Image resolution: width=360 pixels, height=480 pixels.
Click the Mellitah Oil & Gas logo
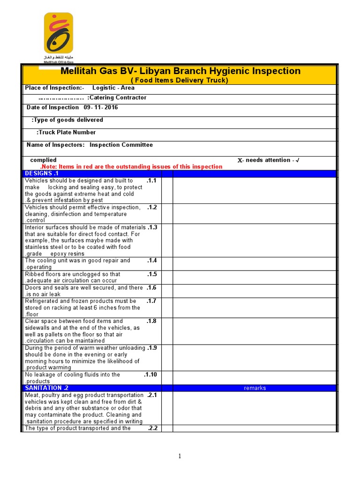(58, 35)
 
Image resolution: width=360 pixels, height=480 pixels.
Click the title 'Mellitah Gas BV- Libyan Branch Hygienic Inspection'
(180, 71)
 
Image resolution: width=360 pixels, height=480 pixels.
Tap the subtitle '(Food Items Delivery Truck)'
(179, 80)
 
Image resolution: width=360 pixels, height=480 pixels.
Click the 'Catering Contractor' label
(117, 97)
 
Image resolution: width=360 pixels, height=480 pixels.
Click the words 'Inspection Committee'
(121, 145)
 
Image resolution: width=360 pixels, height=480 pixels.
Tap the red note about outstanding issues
(131, 166)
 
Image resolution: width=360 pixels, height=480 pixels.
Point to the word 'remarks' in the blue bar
(255, 388)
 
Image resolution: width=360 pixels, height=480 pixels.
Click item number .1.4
(151, 261)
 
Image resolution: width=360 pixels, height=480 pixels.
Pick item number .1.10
(150, 375)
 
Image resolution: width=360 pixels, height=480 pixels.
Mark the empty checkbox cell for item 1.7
(167, 307)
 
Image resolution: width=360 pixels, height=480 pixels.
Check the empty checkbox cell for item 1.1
(167, 190)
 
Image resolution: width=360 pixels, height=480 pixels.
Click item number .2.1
(151, 395)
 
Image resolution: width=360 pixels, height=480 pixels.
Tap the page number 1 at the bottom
(180, 457)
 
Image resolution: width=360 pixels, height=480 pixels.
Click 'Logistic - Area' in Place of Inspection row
(113, 88)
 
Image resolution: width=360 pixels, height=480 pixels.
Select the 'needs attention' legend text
(268, 160)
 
